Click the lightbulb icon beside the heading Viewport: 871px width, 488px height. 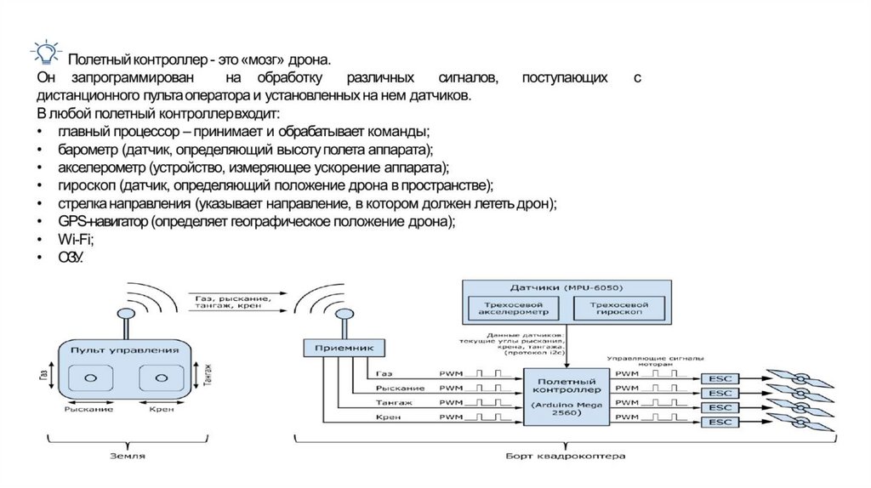[x=44, y=53]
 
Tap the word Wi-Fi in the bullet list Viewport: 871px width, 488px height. [x=75, y=240]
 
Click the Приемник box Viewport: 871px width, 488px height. [x=344, y=347]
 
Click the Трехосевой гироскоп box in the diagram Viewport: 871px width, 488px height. [x=617, y=308]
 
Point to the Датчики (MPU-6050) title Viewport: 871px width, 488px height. [x=563, y=287]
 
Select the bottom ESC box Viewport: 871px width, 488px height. [x=720, y=422]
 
